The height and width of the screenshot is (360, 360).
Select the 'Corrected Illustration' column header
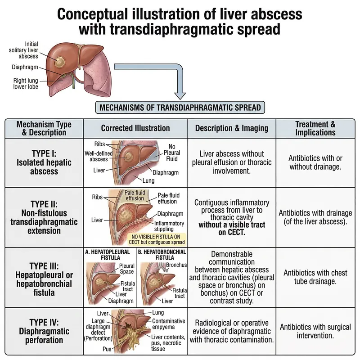click(135, 128)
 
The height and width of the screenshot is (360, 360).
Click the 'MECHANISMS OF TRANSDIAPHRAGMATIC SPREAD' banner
click(180, 108)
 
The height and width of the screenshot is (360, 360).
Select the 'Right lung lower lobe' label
click(25, 84)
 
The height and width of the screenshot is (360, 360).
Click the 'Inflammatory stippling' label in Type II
click(169, 226)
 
